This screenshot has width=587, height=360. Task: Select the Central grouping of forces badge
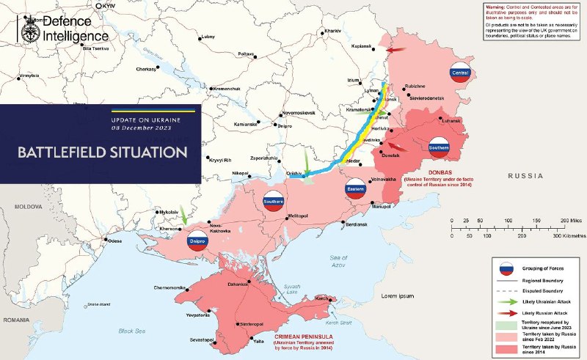(460, 73)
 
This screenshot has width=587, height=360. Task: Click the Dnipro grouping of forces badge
(197, 240)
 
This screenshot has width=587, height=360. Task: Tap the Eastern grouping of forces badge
(354, 191)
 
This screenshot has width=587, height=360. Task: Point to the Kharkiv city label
(332, 31)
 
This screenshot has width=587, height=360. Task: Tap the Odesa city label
(114, 240)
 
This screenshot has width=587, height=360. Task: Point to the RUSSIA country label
(528, 176)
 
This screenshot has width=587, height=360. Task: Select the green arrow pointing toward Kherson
(183, 218)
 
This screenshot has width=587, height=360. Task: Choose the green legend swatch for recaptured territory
(505, 324)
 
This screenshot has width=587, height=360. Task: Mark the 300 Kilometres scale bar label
(568, 236)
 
